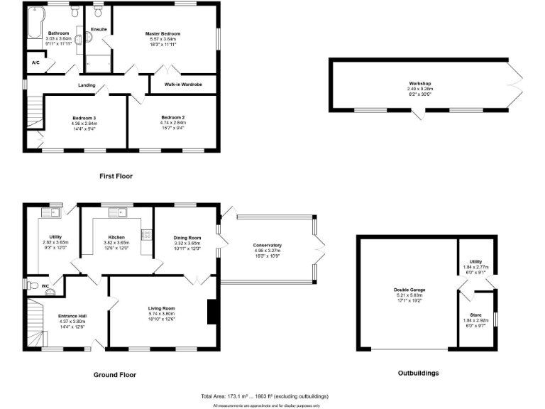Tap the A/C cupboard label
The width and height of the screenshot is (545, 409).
[35, 63]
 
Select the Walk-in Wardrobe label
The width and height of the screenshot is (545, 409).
[183, 84]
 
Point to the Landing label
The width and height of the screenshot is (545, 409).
[87, 85]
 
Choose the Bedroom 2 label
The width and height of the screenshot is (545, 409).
[172, 118]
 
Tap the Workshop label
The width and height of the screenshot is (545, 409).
[419, 84]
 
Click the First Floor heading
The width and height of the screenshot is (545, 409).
[116, 175]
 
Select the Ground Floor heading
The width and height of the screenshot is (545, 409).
[115, 374]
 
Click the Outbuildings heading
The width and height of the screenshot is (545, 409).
[418, 372]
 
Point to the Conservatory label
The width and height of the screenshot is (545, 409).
[267, 246]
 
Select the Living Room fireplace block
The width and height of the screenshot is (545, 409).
[211, 312]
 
